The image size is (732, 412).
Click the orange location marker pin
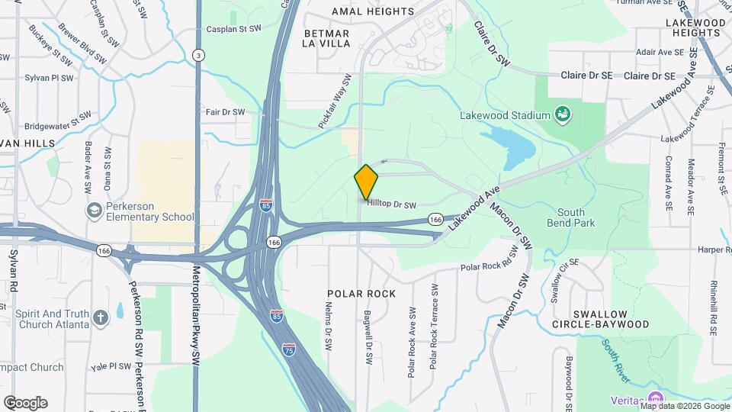click(x=366, y=182)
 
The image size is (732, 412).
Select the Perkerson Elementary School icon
click(x=95, y=211)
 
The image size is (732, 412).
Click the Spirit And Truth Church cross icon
click(x=101, y=317)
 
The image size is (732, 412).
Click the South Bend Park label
click(x=570, y=217)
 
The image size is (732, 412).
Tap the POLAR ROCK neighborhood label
click(x=361, y=294)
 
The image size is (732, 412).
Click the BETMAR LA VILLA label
click(x=326, y=38)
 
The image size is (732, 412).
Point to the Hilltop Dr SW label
click(x=392, y=204)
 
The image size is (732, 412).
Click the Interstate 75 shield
click(x=288, y=349)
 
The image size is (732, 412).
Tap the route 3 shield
click(x=198, y=55)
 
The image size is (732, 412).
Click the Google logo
click(x=25, y=403)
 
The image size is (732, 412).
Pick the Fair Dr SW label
click(x=225, y=112)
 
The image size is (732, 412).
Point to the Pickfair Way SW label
click(x=337, y=101)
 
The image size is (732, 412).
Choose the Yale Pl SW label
click(x=111, y=365)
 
